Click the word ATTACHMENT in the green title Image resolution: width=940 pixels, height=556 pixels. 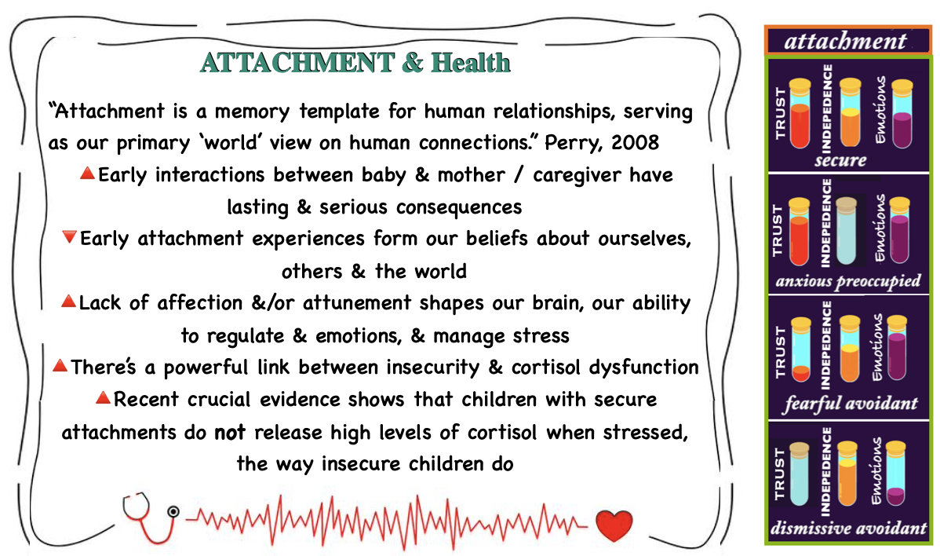[x=297, y=63]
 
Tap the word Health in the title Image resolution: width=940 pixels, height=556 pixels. [x=471, y=63]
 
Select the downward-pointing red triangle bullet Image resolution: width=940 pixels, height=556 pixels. [x=70, y=237]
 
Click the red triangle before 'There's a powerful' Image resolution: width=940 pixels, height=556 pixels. [x=60, y=364]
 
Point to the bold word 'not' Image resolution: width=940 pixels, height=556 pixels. [x=230, y=432]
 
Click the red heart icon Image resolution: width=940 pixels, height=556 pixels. [x=614, y=525]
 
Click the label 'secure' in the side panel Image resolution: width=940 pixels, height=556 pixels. [x=840, y=160]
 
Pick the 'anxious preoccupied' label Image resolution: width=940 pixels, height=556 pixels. [x=848, y=280]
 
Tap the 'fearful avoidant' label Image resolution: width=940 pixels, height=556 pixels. [x=850, y=403]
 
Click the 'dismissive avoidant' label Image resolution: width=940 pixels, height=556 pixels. [x=849, y=528]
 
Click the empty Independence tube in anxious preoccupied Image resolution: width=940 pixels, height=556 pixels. [x=847, y=231]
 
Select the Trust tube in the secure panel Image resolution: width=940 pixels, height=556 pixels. [x=800, y=113]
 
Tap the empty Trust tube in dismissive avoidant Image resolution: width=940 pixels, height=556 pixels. [x=799, y=474]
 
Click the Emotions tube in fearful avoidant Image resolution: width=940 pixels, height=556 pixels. [x=897, y=348]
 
